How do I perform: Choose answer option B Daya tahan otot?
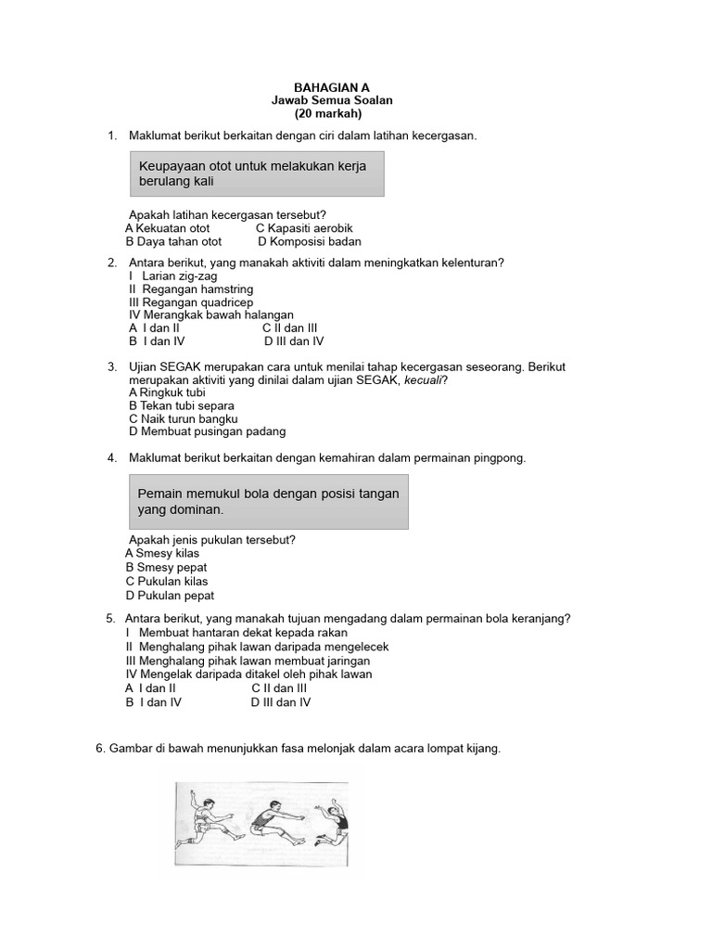coord(173,241)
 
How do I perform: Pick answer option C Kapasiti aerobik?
coord(304,228)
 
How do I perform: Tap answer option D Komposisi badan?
coord(309,241)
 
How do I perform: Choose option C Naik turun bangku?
coord(177,418)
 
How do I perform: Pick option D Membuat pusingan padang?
coord(208,431)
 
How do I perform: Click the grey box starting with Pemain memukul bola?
coord(266,502)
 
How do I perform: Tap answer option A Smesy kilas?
coord(162,554)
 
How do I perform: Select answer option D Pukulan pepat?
coord(170,596)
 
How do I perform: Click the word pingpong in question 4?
coord(502,458)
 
